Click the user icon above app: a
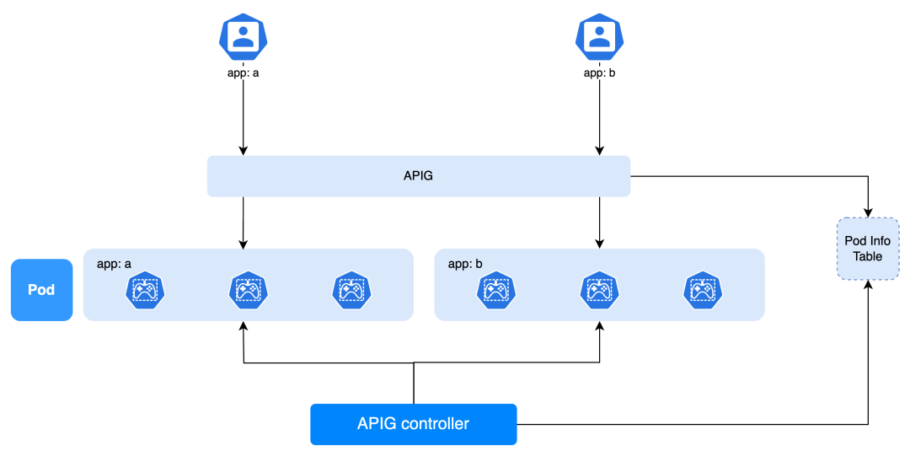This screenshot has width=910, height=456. [x=244, y=36]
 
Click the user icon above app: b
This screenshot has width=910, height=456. [x=600, y=36]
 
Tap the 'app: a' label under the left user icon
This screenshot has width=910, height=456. [x=244, y=73]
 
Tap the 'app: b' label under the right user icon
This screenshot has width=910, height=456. [x=600, y=73]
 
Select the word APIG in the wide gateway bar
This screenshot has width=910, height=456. [x=418, y=176]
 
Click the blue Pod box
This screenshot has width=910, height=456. [x=41, y=290]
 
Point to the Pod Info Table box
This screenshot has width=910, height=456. [x=867, y=249]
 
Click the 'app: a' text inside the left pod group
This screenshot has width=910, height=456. [x=114, y=264]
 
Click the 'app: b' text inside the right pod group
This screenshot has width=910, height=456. [x=465, y=264]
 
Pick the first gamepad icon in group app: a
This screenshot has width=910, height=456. [x=145, y=291]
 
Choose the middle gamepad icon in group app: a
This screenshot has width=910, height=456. [x=248, y=291]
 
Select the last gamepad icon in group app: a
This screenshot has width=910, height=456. [x=351, y=291]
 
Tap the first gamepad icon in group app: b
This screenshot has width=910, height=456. [x=496, y=291]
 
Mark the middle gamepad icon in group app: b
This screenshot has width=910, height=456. [x=599, y=291]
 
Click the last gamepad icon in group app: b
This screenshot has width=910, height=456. [x=703, y=291]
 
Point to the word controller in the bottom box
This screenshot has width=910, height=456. [x=436, y=424]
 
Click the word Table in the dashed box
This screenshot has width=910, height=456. [x=867, y=256]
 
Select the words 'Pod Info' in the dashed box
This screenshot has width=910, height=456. [x=867, y=241]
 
